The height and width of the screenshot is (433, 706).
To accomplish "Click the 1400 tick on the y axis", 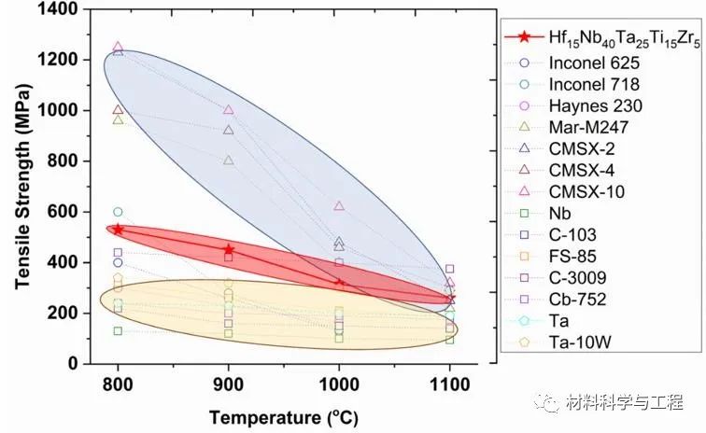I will click(63, 9).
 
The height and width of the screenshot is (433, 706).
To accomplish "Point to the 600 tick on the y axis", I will click(67, 212).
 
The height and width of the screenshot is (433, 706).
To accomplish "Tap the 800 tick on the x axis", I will click(118, 384).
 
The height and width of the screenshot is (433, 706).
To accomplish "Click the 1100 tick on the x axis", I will click(449, 384).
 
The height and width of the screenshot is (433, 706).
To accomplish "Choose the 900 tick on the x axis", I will click(229, 384).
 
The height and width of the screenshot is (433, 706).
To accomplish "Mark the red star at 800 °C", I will click(118, 229).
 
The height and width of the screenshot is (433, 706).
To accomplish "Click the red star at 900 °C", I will click(229, 249).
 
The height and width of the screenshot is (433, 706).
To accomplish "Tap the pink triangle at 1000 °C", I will click(339, 205).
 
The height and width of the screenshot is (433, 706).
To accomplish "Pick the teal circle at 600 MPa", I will click(118, 212).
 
